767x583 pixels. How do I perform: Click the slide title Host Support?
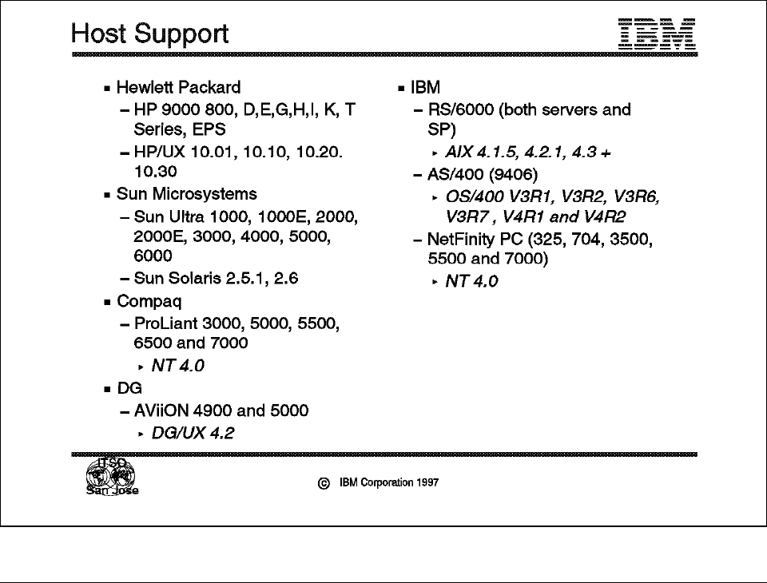point(149,34)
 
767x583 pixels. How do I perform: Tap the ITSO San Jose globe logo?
point(111,478)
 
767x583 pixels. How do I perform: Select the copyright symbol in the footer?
point(324,483)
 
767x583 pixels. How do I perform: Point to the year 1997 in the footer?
point(427,482)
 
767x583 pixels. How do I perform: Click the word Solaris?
point(196,280)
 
